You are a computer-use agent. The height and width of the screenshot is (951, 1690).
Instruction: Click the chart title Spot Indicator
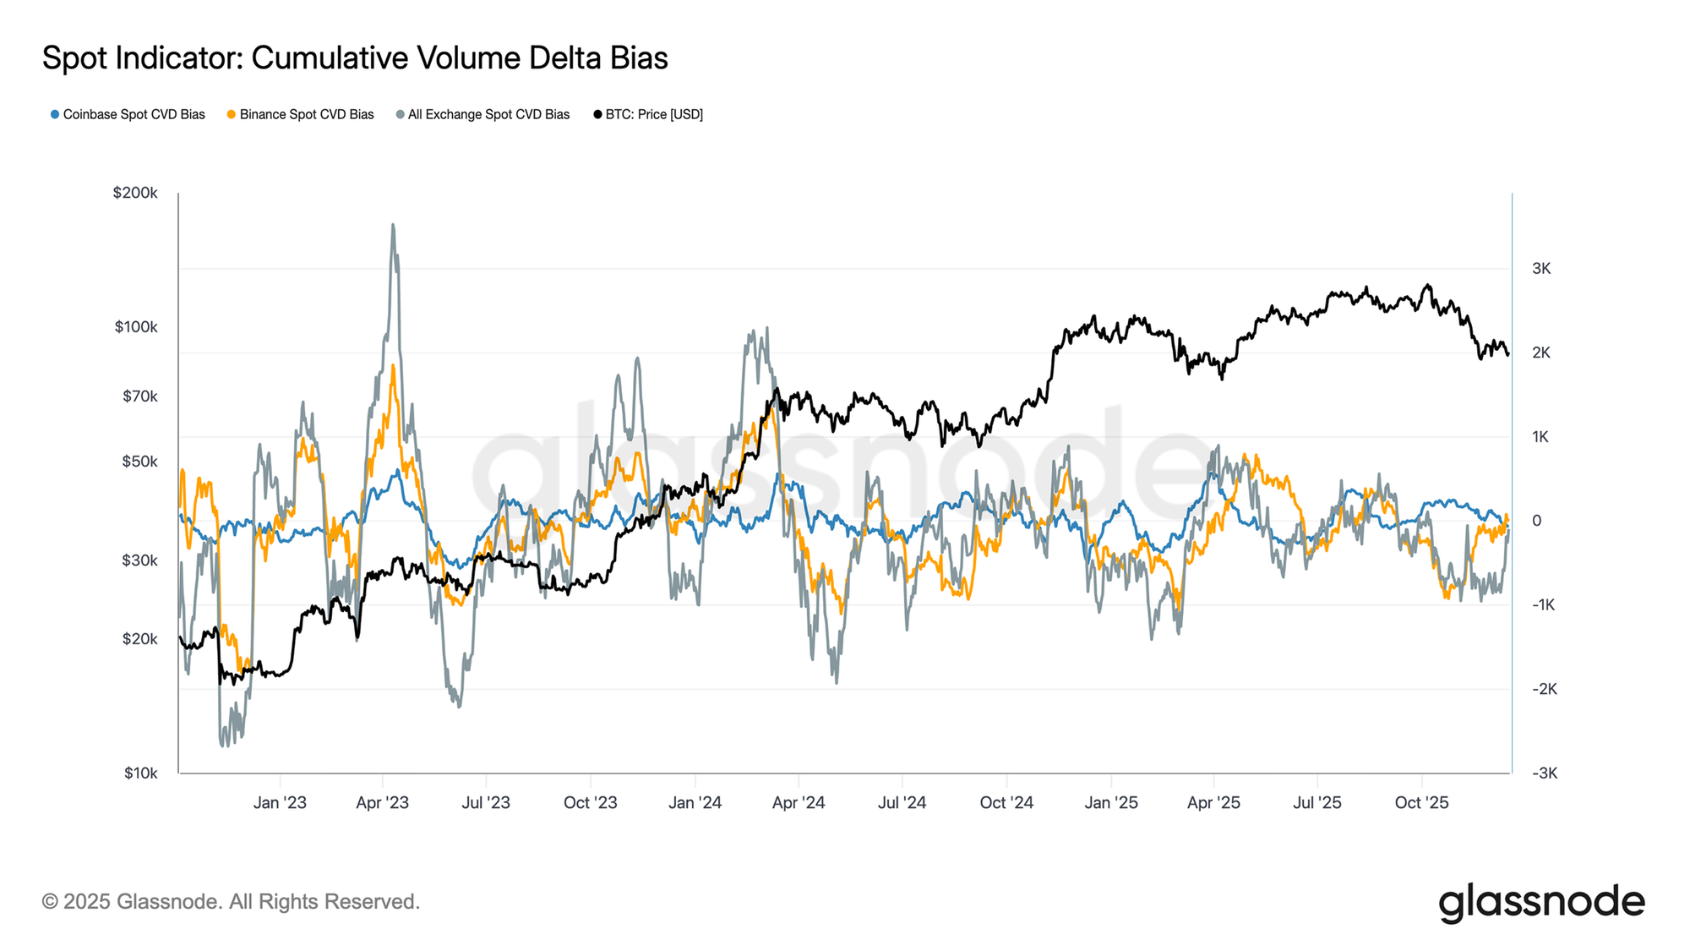(355, 58)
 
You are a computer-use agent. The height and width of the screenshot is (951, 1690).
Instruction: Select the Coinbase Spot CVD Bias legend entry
(128, 114)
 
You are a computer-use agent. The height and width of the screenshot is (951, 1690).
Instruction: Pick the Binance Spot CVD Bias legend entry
(301, 114)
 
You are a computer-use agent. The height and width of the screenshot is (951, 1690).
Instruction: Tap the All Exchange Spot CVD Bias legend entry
(483, 114)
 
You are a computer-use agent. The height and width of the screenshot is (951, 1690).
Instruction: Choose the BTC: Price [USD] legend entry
(649, 114)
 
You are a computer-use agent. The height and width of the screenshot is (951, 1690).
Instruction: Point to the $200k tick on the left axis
(135, 193)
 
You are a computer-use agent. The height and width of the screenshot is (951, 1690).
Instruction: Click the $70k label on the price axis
(140, 396)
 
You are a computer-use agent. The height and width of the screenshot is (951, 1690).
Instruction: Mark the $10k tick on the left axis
(140, 773)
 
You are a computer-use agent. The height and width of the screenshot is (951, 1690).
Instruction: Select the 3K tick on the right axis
(1540, 269)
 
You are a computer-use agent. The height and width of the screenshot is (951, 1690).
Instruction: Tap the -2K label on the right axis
(1544, 689)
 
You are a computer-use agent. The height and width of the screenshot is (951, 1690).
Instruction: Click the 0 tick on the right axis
(1536, 521)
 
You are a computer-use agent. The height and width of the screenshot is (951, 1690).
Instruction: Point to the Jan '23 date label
(280, 802)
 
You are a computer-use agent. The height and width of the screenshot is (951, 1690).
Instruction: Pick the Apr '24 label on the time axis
(799, 802)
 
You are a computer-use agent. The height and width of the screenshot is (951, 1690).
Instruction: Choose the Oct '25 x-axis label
(1421, 802)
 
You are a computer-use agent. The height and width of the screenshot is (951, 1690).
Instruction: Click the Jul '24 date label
(902, 802)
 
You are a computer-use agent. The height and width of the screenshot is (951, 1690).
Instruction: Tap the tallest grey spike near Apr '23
(393, 226)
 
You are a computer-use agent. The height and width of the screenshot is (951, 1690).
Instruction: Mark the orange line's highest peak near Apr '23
(393, 366)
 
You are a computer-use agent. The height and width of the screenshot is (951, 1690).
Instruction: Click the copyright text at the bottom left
(231, 902)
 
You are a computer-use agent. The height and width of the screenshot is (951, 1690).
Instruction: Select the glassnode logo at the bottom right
(1541, 902)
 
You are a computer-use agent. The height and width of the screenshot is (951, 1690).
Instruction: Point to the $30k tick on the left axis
(140, 560)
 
